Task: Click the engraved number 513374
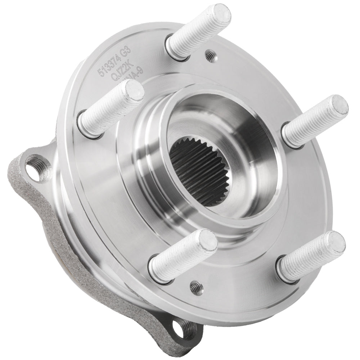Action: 109,65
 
